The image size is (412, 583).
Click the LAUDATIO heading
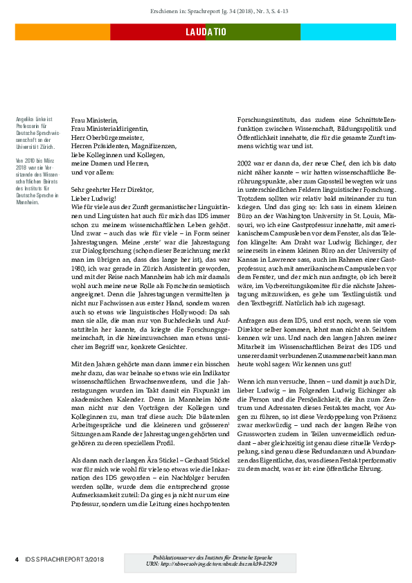click(206, 32)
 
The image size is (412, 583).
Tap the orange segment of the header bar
click(62, 32)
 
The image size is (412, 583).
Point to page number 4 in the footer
click(17, 558)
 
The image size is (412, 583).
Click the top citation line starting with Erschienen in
click(206, 12)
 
